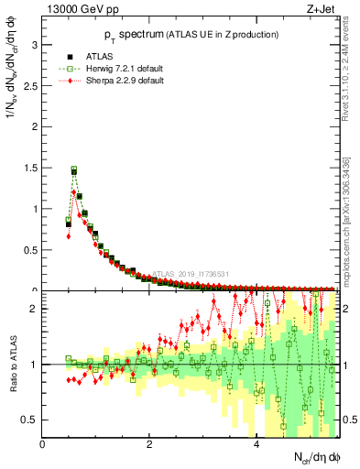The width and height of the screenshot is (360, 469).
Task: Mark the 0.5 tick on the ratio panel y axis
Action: coord(29,420)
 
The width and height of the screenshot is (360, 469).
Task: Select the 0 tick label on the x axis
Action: coord(43,444)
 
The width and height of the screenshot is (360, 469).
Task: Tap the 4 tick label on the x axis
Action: coord(256,444)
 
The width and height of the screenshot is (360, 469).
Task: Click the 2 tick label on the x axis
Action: coord(149,444)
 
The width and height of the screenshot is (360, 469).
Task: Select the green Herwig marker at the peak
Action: coord(74,169)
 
